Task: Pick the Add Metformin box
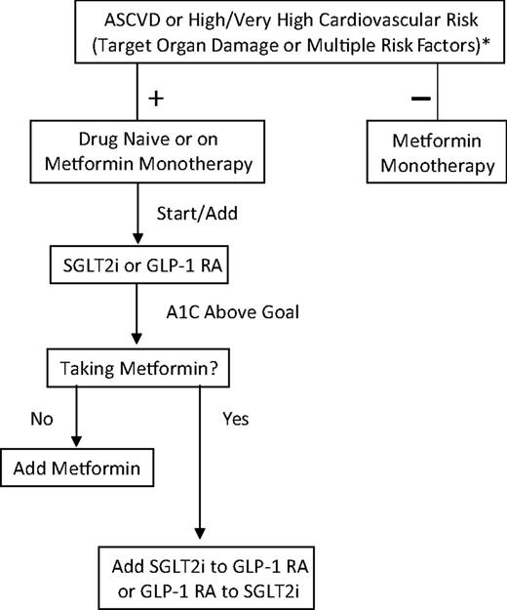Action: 76,468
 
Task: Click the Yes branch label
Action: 234,420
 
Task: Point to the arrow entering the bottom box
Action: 200,533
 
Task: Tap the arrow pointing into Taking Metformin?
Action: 136,343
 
